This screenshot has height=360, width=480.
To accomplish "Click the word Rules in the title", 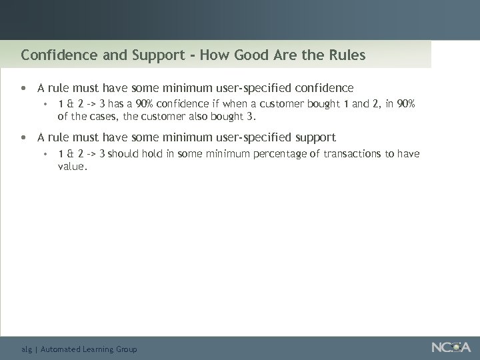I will [x=346, y=55].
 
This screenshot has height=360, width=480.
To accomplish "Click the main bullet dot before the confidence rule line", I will [x=24, y=88].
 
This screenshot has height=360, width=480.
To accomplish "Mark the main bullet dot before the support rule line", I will [x=24, y=138].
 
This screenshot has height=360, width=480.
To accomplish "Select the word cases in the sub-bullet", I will [x=104, y=117].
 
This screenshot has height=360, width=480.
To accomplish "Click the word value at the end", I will [x=71, y=167].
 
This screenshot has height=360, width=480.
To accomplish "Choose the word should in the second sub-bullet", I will [x=122, y=154].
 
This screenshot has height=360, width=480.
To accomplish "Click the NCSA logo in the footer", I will [x=451, y=347].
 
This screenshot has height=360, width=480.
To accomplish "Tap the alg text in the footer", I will [x=26, y=349].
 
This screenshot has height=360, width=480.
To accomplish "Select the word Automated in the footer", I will [x=60, y=349].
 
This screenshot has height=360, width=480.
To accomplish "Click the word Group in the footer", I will [x=125, y=349].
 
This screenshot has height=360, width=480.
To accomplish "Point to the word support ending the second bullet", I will [x=313, y=138].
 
